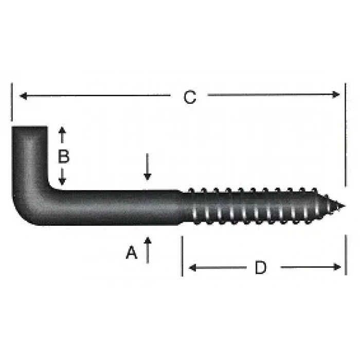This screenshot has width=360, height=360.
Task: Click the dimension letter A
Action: tap(132, 253)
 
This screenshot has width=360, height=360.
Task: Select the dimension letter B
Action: tap(63, 156)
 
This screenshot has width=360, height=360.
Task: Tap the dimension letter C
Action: tap(190, 97)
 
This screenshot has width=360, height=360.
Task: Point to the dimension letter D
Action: tap(261, 267)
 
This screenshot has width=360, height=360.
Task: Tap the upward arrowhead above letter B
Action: tap(63, 130)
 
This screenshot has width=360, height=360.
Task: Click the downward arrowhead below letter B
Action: tap(63, 182)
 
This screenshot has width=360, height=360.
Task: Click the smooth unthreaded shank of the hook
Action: tap(118, 207)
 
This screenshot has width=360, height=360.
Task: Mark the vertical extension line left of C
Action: tap(11, 103)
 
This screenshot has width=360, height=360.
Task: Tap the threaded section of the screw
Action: tap(257, 207)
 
